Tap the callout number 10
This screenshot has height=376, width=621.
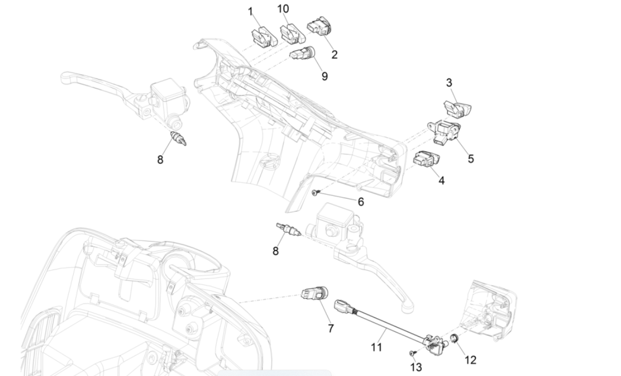coord(283,8)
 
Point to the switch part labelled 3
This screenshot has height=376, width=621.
coord(457,106)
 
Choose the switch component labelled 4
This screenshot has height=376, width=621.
coord(427,159)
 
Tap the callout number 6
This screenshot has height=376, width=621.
coord(361,202)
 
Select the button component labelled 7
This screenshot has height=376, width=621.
coord(315,293)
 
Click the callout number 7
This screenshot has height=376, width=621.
coord(331,328)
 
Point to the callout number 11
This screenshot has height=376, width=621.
coord(377,347)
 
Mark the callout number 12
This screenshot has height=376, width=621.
coord(470,360)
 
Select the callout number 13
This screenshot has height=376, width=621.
coord(417,367)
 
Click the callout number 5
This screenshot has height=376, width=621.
coord(471,158)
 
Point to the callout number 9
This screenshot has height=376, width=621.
coord(324,76)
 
